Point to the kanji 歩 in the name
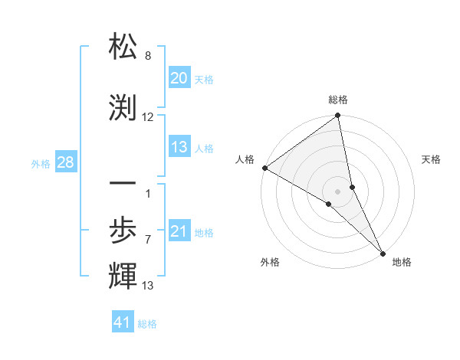[123, 229]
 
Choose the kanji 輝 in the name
[123, 274]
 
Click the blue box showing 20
[179, 78]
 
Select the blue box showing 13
[179, 147]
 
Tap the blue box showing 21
[179, 231]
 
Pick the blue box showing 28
[65, 162]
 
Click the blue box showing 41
[123, 322]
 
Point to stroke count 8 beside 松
[148, 56]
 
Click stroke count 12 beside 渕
[148, 117]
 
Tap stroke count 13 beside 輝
[148, 286]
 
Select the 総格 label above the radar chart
[338, 100]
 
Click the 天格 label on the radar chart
[431, 159]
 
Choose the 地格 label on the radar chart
[402, 262]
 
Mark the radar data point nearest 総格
[338, 116]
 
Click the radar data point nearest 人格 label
[264, 168]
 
